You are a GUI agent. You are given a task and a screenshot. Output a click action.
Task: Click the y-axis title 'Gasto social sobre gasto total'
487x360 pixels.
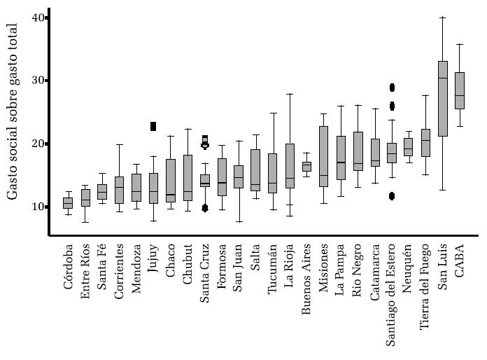pos(13,112)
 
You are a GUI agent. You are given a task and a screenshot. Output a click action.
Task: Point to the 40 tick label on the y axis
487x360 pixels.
pos(38,18)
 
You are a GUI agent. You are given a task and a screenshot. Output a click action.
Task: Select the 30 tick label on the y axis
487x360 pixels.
pos(38,81)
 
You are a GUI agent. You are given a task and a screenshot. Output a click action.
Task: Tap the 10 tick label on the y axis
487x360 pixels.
pos(38,207)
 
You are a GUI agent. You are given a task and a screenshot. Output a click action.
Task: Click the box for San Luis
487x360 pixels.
pos(442,98)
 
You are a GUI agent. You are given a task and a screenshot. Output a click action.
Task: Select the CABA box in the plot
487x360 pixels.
pos(460,90)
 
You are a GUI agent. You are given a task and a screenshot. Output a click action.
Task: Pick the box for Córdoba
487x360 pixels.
pos(68,203)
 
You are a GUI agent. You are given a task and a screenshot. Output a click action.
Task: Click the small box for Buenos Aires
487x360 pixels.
pos(306,167)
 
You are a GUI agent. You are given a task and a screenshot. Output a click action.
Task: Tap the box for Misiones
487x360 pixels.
pos(323,156)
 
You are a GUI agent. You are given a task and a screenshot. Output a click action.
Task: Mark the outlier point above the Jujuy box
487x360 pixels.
pos(153,126)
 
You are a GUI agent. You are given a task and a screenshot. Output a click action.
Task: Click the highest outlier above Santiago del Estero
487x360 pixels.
pos(392,88)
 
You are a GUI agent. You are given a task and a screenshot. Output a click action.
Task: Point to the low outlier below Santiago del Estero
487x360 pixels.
pos(392,196)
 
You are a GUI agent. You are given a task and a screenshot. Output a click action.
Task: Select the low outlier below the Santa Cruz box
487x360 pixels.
pos(205,208)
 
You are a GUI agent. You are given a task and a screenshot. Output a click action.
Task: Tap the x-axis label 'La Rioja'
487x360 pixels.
pos(290,267)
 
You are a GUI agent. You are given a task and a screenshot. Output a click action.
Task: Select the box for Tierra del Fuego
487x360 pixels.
pos(425,143)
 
